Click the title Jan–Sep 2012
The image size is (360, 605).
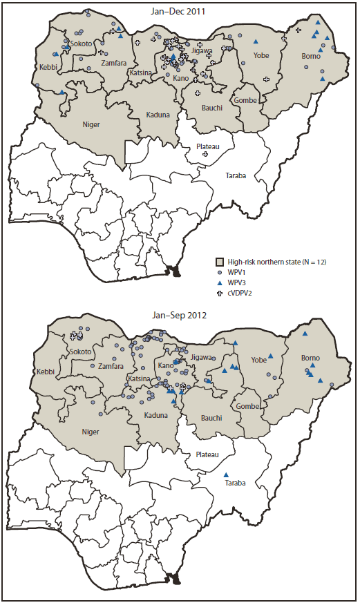pyautogui.click(x=180, y=316)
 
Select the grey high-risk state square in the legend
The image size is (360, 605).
pyautogui.click(x=220, y=262)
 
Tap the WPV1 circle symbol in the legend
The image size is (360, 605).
pyautogui.click(x=220, y=273)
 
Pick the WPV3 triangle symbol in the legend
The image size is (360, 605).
pyautogui.click(x=220, y=283)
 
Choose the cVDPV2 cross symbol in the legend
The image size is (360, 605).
pyautogui.click(x=220, y=294)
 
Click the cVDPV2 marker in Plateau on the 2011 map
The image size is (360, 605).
pyautogui.click(x=205, y=155)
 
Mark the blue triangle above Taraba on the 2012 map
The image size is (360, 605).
pyautogui.click(x=227, y=474)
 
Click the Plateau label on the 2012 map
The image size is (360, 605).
pyautogui.click(x=207, y=454)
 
